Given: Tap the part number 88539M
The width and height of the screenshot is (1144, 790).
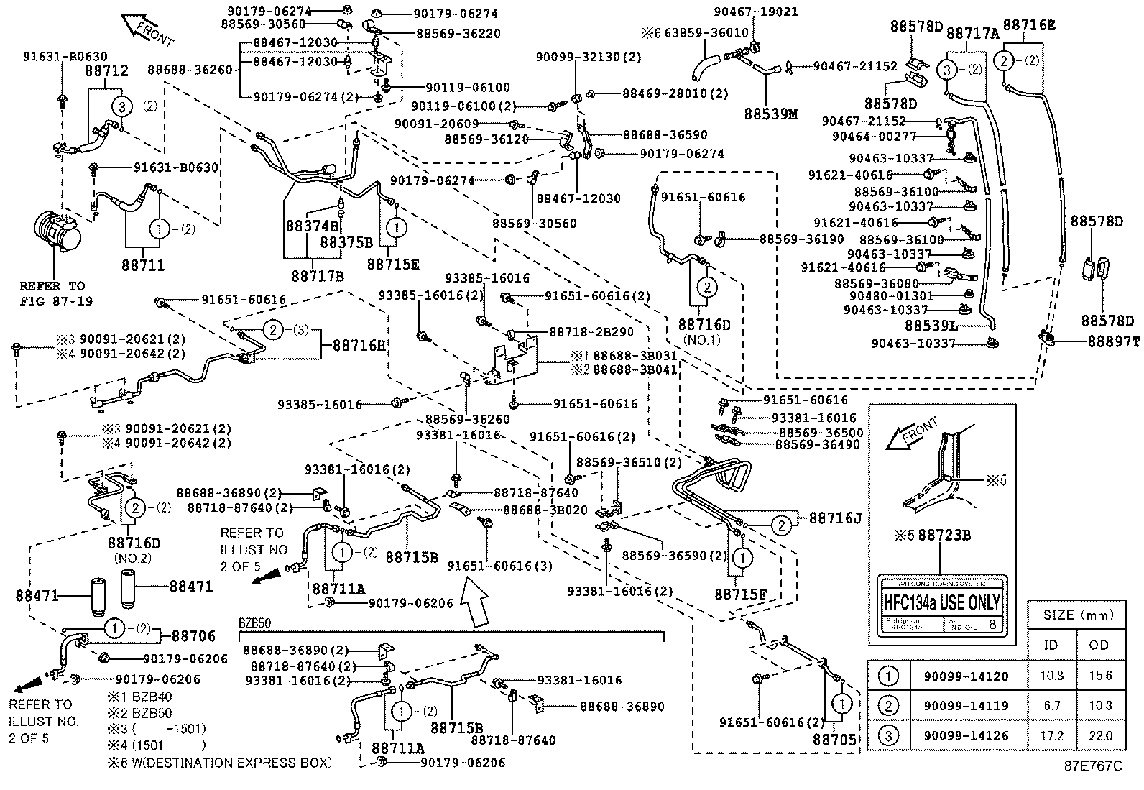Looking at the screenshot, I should point(771,114).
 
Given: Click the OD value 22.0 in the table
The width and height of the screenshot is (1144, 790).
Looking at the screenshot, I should point(1099,735).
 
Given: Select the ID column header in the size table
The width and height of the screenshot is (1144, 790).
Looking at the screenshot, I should point(1051,645).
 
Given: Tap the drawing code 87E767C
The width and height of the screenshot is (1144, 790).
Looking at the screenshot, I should point(1093,766).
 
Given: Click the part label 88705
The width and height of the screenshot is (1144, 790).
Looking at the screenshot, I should point(835,738).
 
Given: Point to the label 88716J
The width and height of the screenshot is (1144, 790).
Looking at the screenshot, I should point(835,518).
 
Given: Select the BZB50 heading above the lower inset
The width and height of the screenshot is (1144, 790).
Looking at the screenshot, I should point(255,622).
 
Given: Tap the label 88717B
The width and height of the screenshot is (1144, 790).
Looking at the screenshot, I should point(318,275).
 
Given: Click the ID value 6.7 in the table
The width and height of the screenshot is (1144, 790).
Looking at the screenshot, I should point(1051,706).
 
